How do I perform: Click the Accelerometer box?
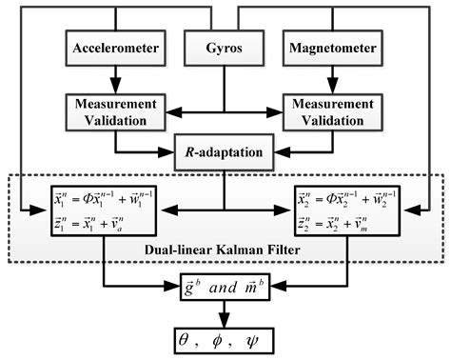(x=116, y=46)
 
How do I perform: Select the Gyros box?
(x=225, y=46)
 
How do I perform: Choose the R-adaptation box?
(x=225, y=150)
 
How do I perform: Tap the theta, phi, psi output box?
(x=225, y=338)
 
